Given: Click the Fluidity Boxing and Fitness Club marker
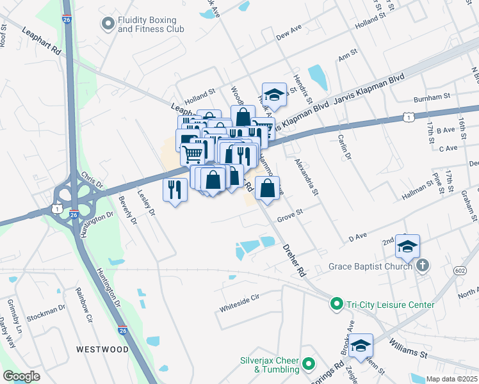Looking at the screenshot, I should click(x=107, y=24).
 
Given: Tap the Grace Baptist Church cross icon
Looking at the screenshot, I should click(x=422, y=265).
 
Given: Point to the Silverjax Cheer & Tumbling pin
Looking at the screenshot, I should click(x=308, y=365).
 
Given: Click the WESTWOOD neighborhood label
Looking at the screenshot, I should click(x=102, y=349).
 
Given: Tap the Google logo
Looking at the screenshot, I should click(x=21, y=376).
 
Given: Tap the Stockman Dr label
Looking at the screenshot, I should click(x=47, y=312).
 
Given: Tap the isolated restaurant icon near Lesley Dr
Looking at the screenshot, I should click(x=174, y=189).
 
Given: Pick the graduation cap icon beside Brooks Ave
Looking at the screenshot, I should click(x=361, y=346).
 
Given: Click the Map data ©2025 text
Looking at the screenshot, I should click(x=452, y=379).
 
